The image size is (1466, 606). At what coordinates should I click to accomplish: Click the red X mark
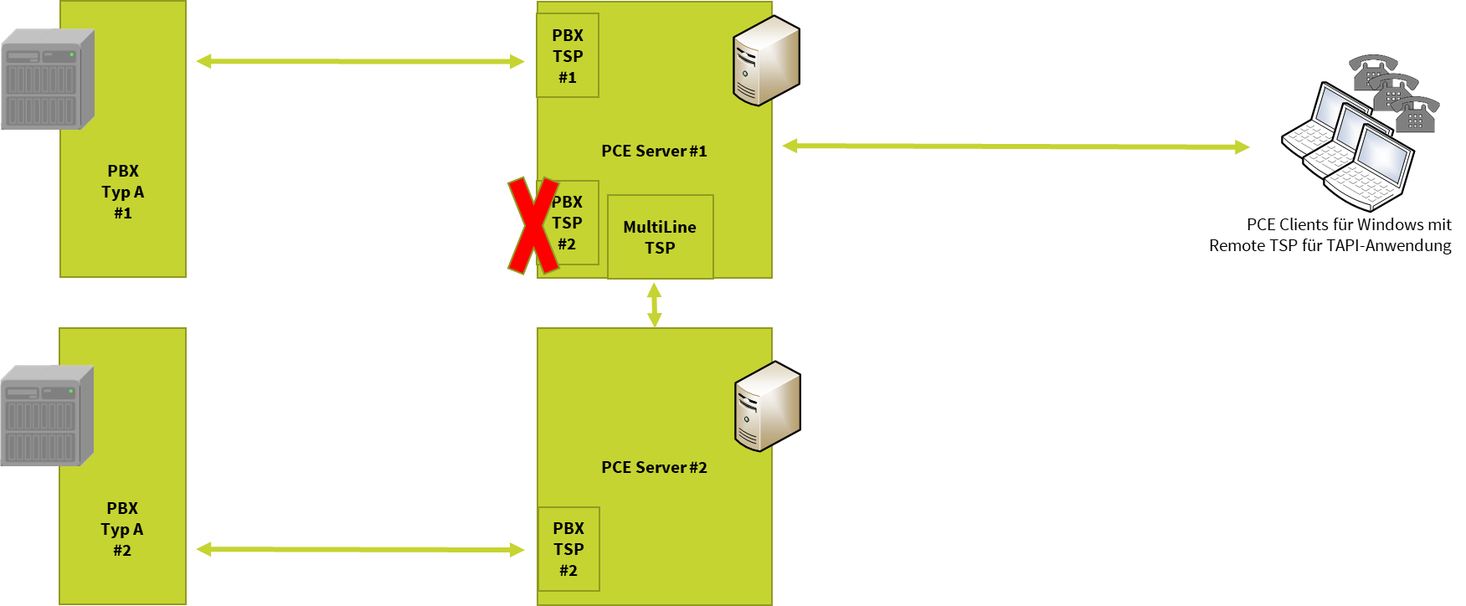[532, 225]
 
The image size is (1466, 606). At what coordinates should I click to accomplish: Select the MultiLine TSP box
[660, 237]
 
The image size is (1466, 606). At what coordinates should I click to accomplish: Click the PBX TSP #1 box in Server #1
[568, 56]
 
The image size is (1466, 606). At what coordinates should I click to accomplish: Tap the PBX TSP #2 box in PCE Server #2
[568, 549]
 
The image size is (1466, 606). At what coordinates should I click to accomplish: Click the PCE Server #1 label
[654, 151]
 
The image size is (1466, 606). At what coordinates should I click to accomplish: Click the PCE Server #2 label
[654, 468]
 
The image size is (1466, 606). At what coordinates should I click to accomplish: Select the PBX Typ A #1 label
[123, 192]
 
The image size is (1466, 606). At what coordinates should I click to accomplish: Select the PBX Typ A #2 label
[122, 529]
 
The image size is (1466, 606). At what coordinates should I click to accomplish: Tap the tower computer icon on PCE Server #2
[766, 408]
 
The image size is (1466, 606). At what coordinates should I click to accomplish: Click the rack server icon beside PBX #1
[47, 80]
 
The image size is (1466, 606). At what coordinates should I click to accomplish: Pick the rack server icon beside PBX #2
[46, 416]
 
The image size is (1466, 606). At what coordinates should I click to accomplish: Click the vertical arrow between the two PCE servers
[654, 304]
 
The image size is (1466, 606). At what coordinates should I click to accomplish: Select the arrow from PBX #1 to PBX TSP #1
[360, 61]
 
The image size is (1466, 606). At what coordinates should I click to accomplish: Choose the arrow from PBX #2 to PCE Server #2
[360, 549]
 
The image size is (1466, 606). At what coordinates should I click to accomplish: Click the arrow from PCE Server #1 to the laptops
[1016, 146]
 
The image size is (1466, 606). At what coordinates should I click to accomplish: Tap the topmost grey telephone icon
[1372, 71]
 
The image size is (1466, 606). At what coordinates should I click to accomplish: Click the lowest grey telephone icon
[1416, 116]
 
